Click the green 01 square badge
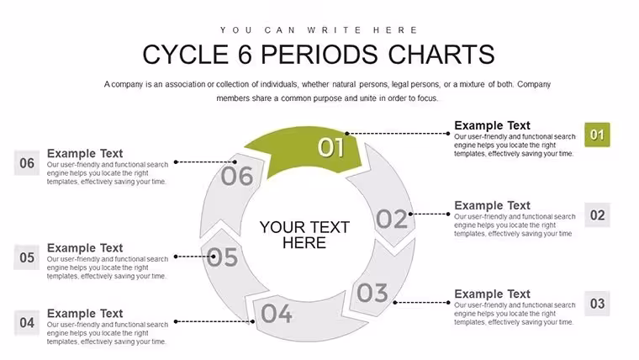click(x=597, y=135)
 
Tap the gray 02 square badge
click(x=597, y=214)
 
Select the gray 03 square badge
click(x=597, y=304)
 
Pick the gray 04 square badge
click(x=27, y=322)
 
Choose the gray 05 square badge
click(x=27, y=257)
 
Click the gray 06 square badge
click(x=27, y=162)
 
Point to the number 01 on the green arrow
click(x=330, y=147)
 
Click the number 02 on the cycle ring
click(x=391, y=219)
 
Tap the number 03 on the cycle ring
click(x=372, y=293)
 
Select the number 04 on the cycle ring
click(x=277, y=314)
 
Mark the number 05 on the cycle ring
click(x=222, y=257)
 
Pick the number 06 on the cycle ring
click(x=237, y=176)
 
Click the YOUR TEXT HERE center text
click(x=304, y=235)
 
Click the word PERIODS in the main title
click(x=319, y=55)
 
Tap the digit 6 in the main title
click(x=245, y=55)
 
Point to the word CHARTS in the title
click(x=441, y=55)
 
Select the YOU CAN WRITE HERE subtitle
click(x=319, y=30)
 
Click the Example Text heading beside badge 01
click(x=493, y=125)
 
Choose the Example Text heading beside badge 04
click(x=85, y=313)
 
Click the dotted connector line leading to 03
click(x=421, y=303)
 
